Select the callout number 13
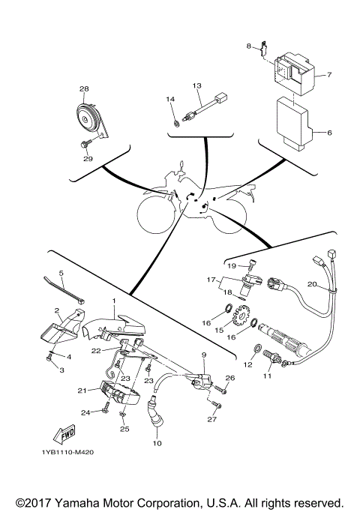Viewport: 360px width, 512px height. click(x=197, y=86)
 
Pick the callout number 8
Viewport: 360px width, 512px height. click(x=249, y=46)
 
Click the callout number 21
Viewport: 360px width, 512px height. click(x=80, y=391)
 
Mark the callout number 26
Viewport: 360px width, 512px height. click(x=229, y=378)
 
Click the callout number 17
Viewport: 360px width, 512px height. click(x=211, y=280)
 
